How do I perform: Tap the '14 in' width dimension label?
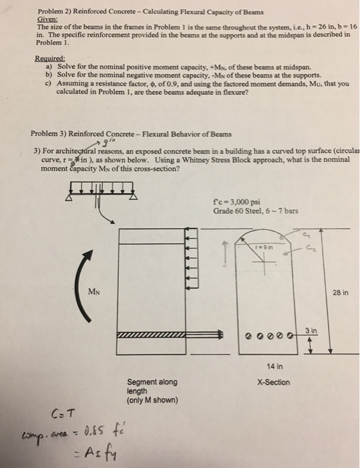(x=273, y=366)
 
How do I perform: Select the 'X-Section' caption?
(x=273, y=382)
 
